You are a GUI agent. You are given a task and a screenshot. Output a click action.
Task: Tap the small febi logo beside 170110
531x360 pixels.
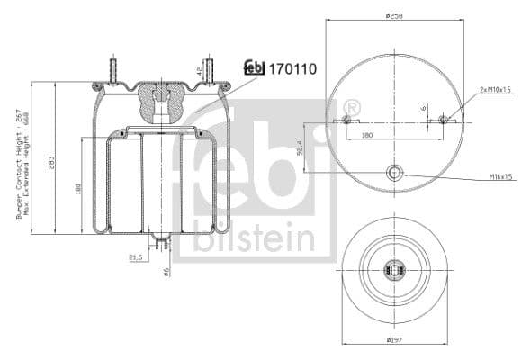(x=254, y=68)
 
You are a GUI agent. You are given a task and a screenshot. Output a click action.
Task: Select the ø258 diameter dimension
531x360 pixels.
(x=393, y=15)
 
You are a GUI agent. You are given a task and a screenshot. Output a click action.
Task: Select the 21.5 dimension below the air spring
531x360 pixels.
(x=137, y=257)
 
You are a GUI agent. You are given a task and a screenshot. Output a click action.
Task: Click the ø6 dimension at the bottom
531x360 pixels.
(x=166, y=271)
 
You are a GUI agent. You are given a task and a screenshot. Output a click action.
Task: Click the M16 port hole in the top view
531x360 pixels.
(x=393, y=173)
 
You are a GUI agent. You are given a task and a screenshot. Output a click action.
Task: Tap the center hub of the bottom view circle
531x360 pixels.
(x=393, y=268)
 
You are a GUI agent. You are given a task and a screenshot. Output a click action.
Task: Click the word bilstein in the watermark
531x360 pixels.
(x=256, y=241)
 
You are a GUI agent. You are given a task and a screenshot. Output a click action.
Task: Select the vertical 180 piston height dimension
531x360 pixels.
(x=79, y=189)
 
